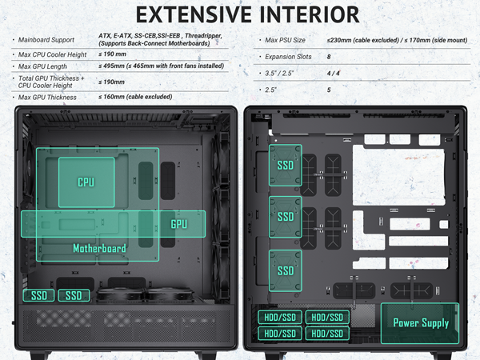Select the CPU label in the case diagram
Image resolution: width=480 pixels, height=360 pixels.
click(86, 182)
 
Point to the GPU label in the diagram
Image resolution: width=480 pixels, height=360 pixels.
click(178, 224)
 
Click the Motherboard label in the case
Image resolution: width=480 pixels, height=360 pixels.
click(100, 248)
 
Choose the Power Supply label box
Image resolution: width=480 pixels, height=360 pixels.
click(421, 323)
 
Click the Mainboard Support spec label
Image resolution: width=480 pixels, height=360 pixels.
click(46, 38)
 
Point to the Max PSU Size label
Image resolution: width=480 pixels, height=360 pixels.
click(286, 40)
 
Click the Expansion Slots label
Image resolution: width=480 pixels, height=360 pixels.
click(289, 57)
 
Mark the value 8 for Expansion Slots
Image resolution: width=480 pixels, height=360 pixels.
click(329, 57)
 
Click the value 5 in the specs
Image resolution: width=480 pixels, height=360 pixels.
click(329, 90)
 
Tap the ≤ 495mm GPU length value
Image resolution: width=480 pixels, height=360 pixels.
click(112, 67)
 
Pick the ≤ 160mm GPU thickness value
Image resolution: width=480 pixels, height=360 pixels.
click(112, 97)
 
